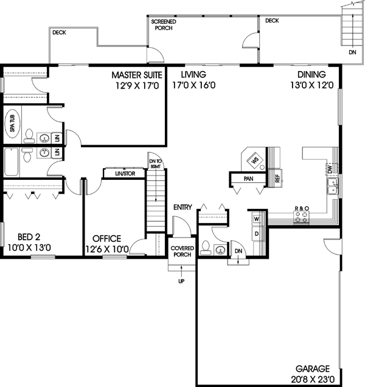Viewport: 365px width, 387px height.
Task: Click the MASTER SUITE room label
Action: coord(136,75)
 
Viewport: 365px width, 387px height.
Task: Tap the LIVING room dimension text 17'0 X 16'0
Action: coord(194,86)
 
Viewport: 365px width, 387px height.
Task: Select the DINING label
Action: coord(311,75)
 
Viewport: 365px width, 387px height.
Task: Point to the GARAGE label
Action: coord(312,368)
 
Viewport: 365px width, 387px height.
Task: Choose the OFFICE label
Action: coord(106,238)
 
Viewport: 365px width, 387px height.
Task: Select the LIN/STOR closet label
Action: coord(124,174)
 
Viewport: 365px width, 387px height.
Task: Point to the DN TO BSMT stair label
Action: coord(155,163)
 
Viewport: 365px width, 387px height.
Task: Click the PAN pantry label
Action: coord(248,179)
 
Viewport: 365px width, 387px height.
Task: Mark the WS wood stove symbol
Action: coord(254,160)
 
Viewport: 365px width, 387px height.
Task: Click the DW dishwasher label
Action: coord(329,168)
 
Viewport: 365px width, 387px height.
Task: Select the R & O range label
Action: coord(302,208)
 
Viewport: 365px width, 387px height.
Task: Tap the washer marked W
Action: coord(256,218)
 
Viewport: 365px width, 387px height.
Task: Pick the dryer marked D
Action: coord(256,233)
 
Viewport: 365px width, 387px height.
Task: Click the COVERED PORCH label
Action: coord(181,252)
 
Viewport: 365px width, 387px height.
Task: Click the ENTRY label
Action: coord(182,207)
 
